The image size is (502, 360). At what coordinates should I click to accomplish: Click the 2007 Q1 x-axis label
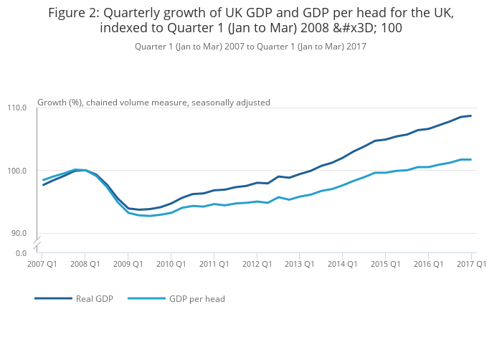click(43, 264)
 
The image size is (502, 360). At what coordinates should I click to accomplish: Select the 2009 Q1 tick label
click(128, 264)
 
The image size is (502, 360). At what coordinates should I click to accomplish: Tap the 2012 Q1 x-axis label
click(257, 264)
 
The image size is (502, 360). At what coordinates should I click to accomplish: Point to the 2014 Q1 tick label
click(342, 264)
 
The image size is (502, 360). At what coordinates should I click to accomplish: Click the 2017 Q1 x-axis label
click(472, 264)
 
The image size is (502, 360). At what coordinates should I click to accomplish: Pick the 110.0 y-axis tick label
click(17, 108)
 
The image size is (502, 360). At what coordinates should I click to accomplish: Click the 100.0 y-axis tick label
click(17, 171)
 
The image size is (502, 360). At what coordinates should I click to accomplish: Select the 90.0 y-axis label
click(19, 233)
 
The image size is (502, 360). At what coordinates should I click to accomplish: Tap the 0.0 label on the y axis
click(21, 252)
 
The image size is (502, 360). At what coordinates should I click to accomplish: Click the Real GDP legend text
click(95, 298)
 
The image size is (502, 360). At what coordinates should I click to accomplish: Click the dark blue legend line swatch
click(54, 298)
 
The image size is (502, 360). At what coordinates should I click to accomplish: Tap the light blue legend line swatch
click(146, 298)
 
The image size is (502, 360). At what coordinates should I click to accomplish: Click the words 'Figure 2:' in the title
click(75, 13)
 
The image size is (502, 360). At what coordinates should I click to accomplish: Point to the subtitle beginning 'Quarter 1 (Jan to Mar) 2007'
click(250, 47)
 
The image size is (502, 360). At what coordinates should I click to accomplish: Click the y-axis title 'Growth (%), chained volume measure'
click(153, 103)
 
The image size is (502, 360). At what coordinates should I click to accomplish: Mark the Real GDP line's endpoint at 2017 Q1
click(471, 115)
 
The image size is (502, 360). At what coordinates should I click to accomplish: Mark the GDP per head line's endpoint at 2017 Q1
click(471, 159)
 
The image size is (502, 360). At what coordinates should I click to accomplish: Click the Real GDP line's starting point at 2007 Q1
click(43, 185)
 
